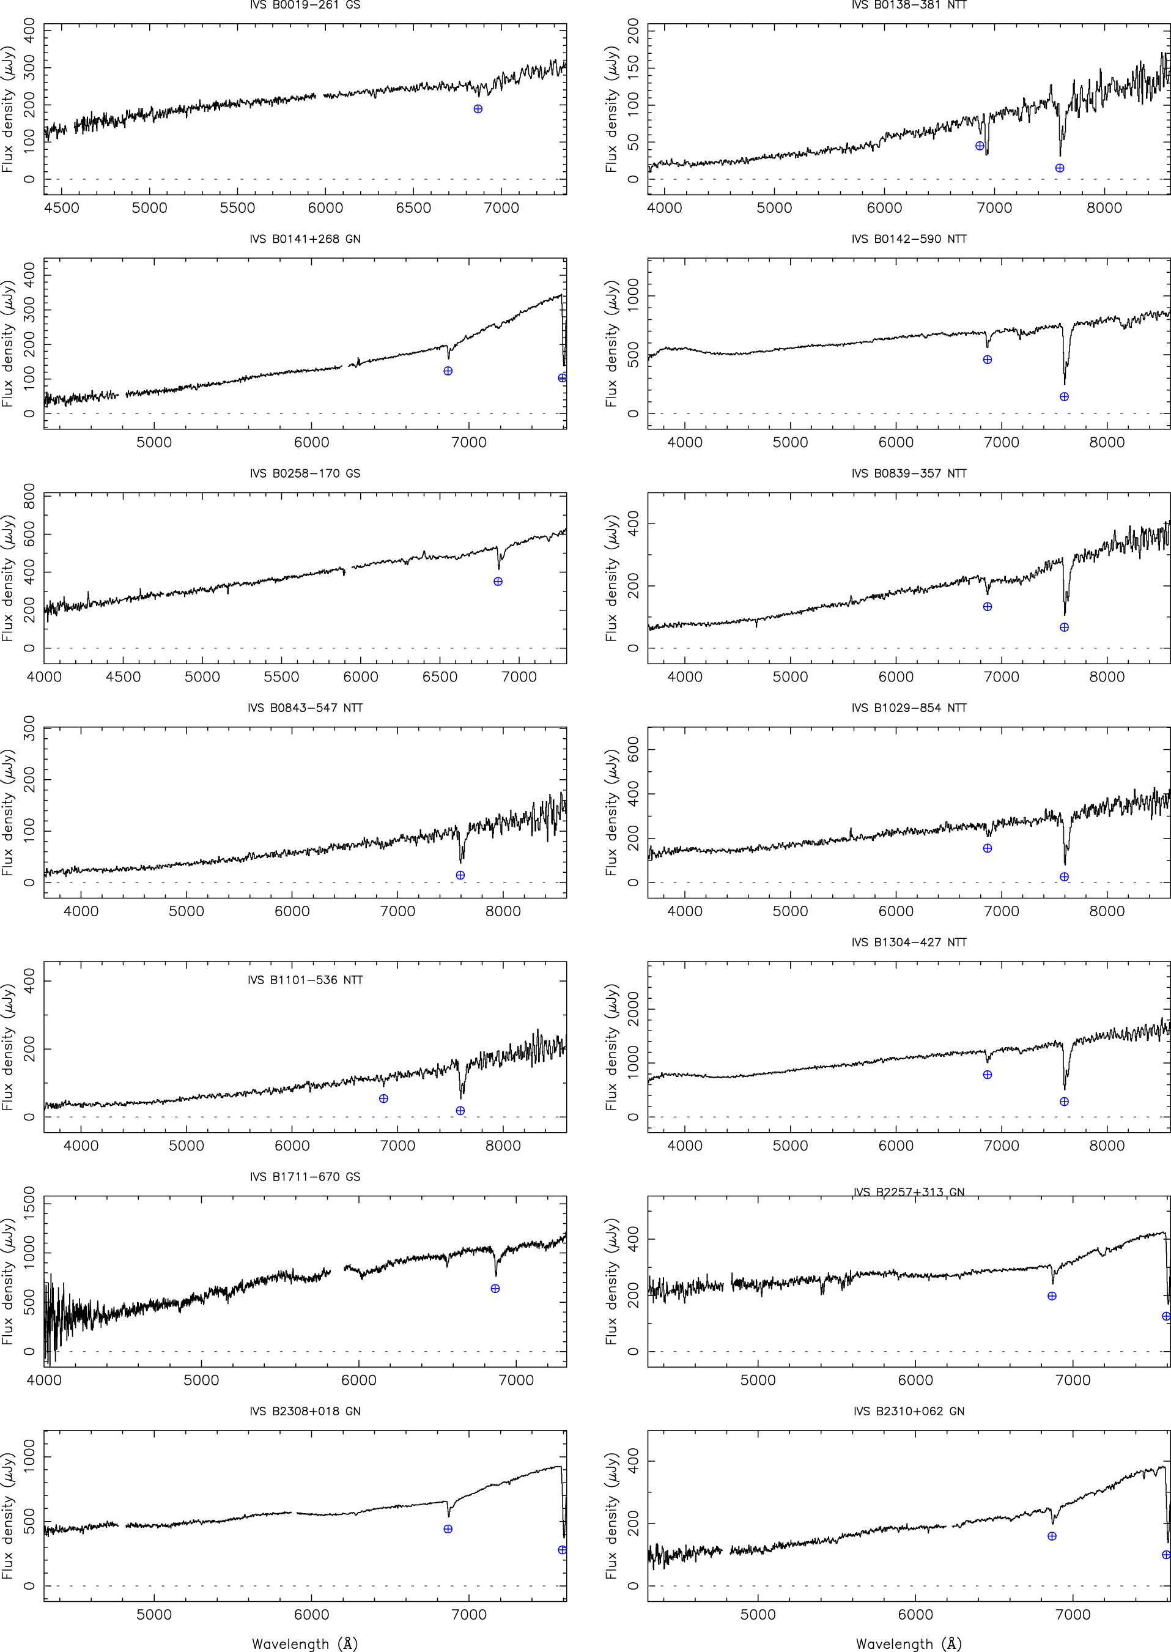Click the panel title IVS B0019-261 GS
(x=305, y=5)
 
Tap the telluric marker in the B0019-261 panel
(x=478, y=109)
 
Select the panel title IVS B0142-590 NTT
(x=909, y=239)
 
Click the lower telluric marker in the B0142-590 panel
(x=1064, y=396)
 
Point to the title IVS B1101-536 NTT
(x=305, y=980)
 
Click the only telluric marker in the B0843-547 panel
(x=460, y=875)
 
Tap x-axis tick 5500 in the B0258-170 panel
(x=281, y=677)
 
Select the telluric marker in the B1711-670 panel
(x=495, y=1289)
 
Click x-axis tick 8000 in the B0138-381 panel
(x=1104, y=209)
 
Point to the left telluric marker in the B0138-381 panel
(x=979, y=146)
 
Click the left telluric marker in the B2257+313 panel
(x=1051, y=1296)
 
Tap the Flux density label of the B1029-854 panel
(x=611, y=813)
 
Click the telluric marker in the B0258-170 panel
(x=498, y=581)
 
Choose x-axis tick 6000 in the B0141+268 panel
(x=311, y=443)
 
